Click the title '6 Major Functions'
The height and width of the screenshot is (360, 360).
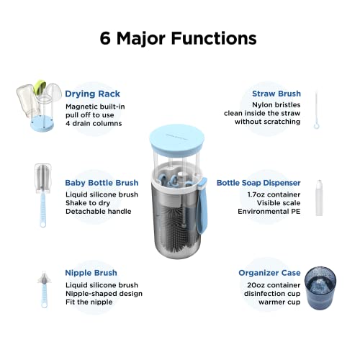178,38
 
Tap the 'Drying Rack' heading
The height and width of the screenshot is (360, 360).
92,94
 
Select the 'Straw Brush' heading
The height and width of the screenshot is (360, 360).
276,94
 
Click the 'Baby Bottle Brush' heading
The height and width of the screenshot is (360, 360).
102,183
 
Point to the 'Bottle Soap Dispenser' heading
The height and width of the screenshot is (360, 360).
258,183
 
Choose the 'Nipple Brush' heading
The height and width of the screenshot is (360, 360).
91,273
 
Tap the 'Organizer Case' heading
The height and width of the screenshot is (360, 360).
269,273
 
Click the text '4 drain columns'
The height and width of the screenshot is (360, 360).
94,123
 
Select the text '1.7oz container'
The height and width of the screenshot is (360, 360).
274,194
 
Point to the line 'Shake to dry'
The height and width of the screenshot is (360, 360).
88,203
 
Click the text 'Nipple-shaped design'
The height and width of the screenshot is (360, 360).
104,294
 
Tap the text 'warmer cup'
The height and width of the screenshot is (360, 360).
279,302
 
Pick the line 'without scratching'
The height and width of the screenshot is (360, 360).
267,122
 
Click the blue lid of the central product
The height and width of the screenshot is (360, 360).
177,140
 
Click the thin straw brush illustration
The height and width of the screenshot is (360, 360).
317,110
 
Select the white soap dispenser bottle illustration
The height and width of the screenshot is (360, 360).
319,198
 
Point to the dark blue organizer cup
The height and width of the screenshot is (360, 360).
320,288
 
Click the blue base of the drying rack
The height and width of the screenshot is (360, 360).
42,124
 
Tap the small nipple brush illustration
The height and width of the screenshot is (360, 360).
44,289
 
